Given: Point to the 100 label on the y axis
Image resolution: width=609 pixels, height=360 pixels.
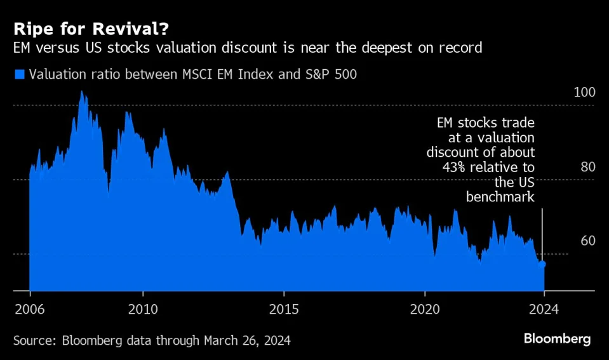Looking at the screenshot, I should pyautogui.click(x=584, y=93).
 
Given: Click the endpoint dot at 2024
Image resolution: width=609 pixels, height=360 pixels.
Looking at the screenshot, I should pyautogui.click(x=542, y=263).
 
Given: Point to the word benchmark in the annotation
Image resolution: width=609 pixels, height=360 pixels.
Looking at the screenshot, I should pyautogui.click(x=500, y=197).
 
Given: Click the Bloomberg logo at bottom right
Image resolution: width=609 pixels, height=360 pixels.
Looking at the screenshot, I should pyautogui.click(x=557, y=339).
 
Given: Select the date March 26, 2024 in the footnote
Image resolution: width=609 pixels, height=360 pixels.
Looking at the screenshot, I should pyautogui.click(x=248, y=341).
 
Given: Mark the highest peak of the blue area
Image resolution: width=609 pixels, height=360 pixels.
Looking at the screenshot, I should pyautogui.click(x=81, y=92).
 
